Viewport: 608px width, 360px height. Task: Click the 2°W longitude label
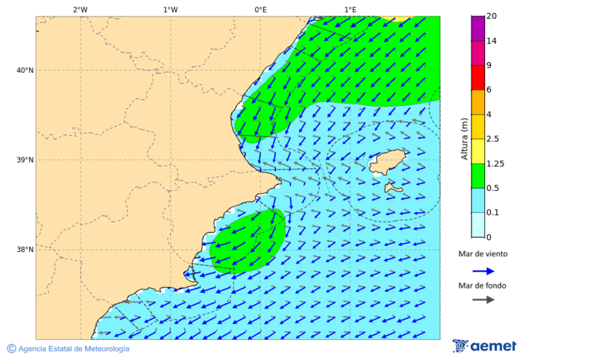[x=80, y=9]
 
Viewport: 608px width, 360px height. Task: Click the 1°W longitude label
[x=170, y=9]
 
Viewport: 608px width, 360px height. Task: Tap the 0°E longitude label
[x=260, y=9]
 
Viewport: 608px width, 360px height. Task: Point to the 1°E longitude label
[x=350, y=9]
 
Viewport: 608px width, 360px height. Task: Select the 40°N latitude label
[x=25, y=70]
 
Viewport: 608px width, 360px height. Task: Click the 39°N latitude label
[x=25, y=160]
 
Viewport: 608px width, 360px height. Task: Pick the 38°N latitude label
[x=25, y=250]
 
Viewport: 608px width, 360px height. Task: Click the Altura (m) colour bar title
[x=464, y=138]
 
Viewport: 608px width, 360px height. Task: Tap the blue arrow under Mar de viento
[x=483, y=271]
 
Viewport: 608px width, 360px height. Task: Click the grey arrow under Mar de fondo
[x=483, y=299]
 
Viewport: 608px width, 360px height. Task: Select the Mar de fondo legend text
[x=482, y=286]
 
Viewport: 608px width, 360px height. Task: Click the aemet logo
[x=484, y=346]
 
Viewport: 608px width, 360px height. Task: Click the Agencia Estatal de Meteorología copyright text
[x=68, y=349]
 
